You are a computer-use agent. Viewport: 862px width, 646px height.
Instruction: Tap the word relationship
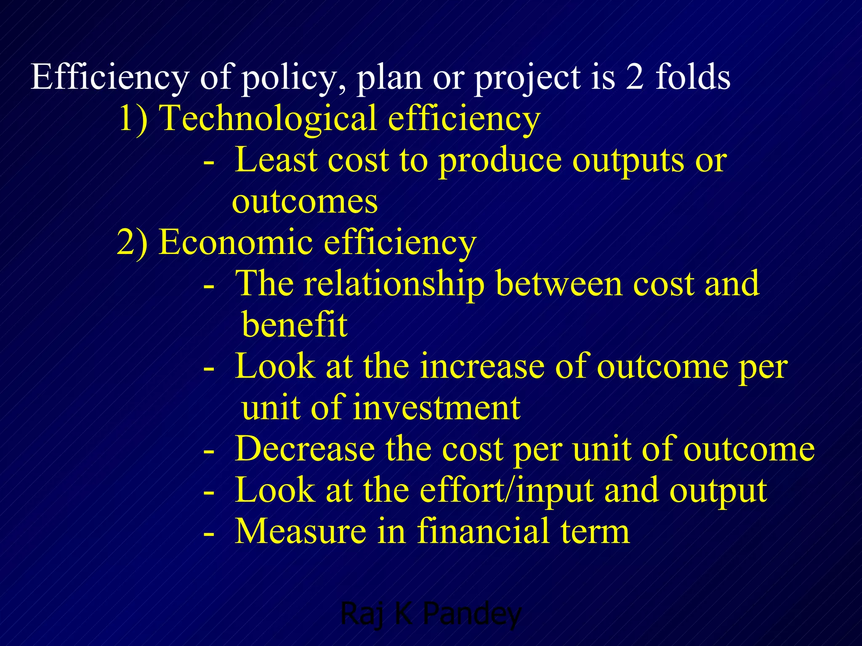coord(394,284)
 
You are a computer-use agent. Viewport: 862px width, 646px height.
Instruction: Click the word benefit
coord(295,325)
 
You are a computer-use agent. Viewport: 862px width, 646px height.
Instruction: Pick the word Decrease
coord(305,449)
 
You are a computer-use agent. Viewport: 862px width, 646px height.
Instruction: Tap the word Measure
coord(300,532)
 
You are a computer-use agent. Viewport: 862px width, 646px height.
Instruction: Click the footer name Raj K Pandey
coord(430,614)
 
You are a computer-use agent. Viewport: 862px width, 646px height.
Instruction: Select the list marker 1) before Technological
coord(133,119)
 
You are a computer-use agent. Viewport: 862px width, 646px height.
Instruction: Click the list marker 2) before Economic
coord(132,242)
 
